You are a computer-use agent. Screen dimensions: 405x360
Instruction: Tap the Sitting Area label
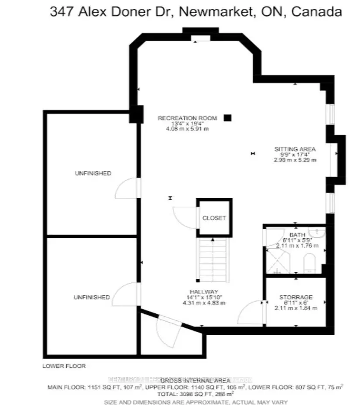tap(295, 149)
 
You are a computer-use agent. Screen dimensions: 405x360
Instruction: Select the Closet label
tap(214, 218)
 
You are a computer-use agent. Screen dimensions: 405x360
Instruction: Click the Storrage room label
tap(296, 298)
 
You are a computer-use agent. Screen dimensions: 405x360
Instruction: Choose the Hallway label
tap(204, 292)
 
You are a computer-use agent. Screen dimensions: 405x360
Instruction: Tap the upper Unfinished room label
tap(93, 173)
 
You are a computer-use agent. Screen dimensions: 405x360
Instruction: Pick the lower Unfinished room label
tap(92, 297)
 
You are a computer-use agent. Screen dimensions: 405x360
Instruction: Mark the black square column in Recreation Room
tap(227, 117)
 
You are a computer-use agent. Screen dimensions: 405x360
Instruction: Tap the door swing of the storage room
tap(251, 311)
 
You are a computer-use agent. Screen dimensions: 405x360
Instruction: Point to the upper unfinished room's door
tap(127, 189)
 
